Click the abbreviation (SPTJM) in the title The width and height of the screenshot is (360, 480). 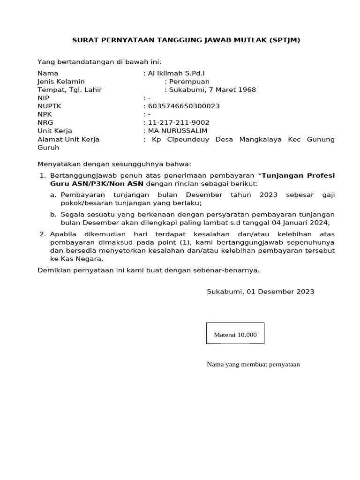(x=285, y=40)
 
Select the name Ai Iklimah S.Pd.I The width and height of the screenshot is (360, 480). (x=177, y=74)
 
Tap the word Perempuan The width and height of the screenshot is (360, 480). (x=190, y=82)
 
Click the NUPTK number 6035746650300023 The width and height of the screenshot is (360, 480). (x=184, y=106)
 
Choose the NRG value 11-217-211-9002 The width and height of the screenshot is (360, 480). (x=179, y=123)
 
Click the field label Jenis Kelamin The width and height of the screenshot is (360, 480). (x=61, y=82)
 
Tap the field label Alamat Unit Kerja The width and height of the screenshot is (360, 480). (x=68, y=139)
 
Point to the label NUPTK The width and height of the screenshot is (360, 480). (x=50, y=106)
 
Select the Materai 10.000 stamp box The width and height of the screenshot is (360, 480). (x=235, y=333)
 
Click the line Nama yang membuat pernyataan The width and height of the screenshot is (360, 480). (x=253, y=365)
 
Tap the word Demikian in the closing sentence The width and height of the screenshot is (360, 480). (x=54, y=270)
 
